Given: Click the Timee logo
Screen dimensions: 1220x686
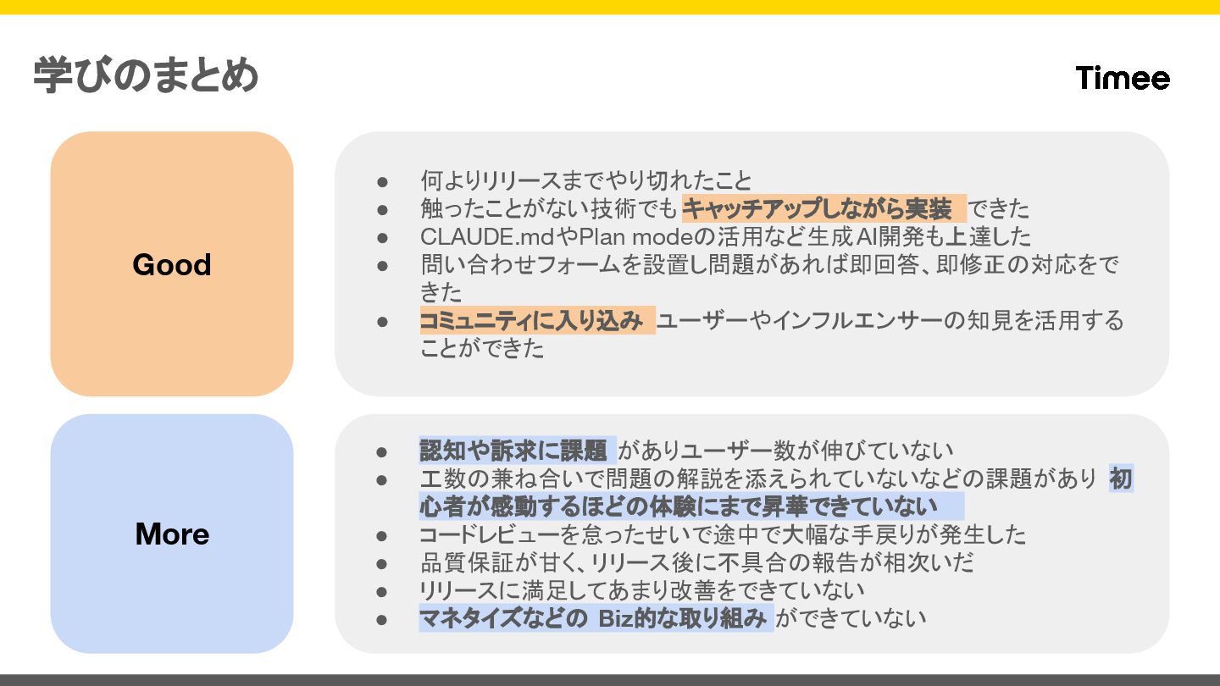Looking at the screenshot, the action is click(x=1123, y=78).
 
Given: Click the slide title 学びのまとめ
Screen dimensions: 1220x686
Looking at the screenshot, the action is click(x=146, y=76).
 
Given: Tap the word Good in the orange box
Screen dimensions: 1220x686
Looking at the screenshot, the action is click(x=172, y=265).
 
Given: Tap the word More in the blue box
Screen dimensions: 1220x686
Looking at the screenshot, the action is click(x=172, y=534).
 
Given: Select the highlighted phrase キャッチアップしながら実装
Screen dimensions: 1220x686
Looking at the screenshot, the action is click(x=823, y=208).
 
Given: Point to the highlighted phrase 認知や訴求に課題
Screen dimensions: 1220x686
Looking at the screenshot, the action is click(x=513, y=451).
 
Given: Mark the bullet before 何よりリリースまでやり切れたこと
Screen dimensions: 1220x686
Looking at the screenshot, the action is click(x=382, y=181).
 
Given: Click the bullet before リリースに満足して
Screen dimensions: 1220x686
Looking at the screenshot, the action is click(x=382, y=591).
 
